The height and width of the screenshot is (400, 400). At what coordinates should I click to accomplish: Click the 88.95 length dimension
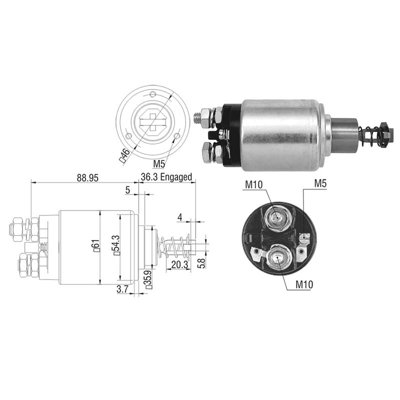pos(87,178)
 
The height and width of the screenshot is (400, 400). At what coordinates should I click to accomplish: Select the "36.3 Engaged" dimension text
pos(166,177)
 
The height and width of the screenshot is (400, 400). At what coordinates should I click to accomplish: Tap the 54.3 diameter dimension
pos(116,245)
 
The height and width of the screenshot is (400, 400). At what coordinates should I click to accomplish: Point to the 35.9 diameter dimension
pos(149,279)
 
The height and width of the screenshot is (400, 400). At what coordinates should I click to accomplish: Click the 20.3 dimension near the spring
pos(179,265)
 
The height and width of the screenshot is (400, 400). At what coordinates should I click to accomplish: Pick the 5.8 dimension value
pos(201,263)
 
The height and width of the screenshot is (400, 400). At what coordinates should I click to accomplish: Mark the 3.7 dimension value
pos(123,289)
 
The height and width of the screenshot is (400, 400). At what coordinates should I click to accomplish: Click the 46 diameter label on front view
pos(125,155)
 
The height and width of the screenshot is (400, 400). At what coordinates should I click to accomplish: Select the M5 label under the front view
pos(159,164)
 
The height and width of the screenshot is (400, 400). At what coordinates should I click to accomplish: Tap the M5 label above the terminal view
pos(320,183)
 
